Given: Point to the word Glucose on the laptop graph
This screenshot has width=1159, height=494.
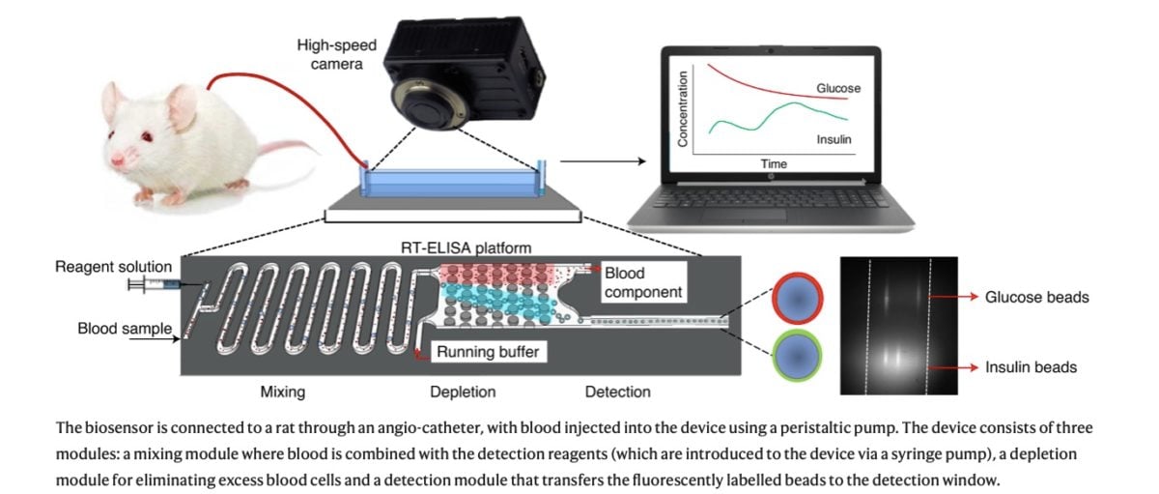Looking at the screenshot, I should tap(837, 88).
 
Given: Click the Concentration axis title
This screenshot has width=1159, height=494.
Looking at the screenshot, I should tap(682, 108).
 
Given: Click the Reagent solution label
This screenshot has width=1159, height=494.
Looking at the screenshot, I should tap(114, 267).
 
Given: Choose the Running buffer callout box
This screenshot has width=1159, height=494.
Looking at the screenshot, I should tap(487, 352).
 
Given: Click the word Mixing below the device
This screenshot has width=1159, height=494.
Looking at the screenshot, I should tap(283, 392).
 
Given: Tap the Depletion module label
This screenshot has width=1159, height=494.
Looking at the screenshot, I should tap(463, 392).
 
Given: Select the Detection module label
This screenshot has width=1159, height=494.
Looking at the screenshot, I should tap(617, 392).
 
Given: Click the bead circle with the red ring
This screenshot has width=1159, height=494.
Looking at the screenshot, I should tap(797, 298).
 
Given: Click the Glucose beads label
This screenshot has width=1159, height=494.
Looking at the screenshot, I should tap(1036, 297).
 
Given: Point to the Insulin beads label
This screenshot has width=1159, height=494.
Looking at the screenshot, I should tap(1031, 366).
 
